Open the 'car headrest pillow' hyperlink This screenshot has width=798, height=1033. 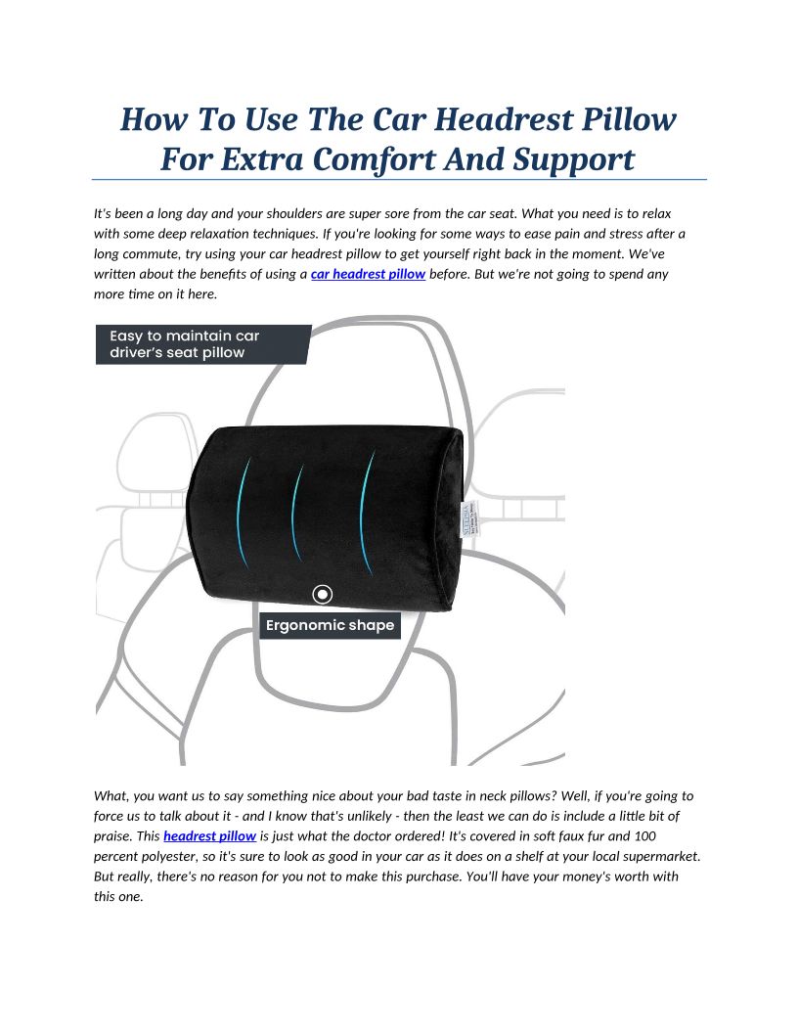pyautogui.click(x=368, y=274)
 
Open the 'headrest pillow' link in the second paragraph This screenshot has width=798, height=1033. pyautogui.click(x=209, y=835)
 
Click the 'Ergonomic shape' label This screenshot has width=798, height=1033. pyautogui.click(x=331, y=625)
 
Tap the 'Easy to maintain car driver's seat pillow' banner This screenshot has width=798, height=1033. pyautogui.click(x=200, y=344)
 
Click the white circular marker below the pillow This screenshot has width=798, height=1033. pyautogui.click(x=323, y=594)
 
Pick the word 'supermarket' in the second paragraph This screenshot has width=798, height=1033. pyautogui.click(x=660, y=856)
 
